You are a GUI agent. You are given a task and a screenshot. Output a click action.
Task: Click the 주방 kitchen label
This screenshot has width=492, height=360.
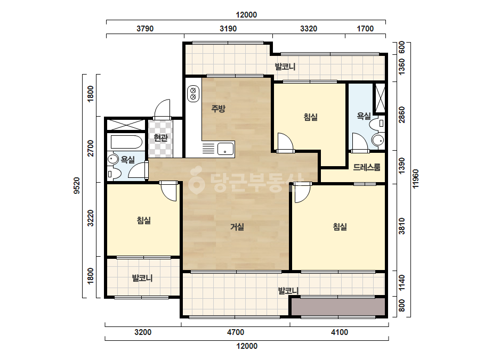[218, 109]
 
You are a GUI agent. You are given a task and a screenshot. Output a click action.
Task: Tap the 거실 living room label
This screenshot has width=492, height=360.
[237, 226]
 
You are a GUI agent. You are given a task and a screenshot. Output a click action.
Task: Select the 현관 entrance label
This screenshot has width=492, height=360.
[160, 137]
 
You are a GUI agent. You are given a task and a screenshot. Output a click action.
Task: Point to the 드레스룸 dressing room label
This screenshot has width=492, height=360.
[367, 167]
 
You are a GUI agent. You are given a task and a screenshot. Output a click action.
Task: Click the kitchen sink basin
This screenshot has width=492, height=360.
[225, 149]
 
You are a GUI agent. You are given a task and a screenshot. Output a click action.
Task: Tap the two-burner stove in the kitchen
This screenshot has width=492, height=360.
[193, 94]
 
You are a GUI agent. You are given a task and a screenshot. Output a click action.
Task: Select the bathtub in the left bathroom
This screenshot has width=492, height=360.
[126, 142]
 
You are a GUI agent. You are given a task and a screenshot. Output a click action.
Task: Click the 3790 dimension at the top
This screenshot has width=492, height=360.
[145, 29]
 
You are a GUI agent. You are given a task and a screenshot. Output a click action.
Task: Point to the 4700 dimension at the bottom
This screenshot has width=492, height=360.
[235, 332]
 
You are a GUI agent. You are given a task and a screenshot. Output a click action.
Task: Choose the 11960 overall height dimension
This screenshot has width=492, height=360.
[415, 179]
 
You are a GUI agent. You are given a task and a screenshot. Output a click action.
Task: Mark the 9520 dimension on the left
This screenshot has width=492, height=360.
[77, 186]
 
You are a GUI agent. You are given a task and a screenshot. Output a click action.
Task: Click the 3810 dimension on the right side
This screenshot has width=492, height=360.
[401, 226]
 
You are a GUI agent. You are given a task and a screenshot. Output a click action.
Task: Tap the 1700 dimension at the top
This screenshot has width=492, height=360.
[365, 29]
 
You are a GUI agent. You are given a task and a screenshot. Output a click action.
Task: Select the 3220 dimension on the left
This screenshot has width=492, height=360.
[91, 218]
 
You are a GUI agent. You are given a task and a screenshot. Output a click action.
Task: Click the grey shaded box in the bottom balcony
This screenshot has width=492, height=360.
[338, 307]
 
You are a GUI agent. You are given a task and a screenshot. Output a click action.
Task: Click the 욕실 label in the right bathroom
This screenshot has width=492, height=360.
[364, 116]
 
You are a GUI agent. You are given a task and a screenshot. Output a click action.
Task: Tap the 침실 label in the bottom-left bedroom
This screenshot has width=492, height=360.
[144, 220]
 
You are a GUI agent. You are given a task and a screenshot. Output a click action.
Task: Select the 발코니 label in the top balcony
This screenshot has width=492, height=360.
[285, 67]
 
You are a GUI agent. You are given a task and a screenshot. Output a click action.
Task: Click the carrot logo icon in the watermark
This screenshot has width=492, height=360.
[197, 181]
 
